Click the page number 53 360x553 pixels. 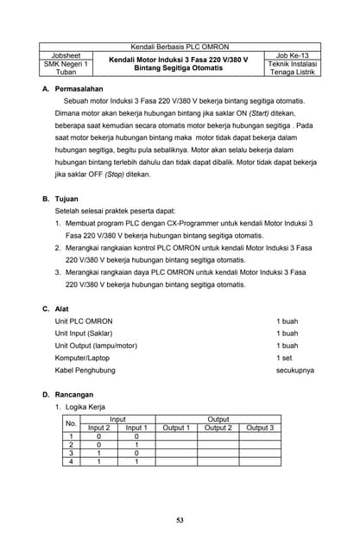click(180, 519)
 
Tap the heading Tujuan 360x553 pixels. click(66, 198)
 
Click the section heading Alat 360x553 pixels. click(61, 308)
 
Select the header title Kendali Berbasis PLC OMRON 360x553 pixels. click(180, 46)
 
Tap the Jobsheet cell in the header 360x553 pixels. click(66, 54)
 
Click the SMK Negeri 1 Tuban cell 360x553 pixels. click(66, 68)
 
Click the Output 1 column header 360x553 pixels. click(176, 428)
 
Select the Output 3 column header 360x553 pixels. click(260, 428)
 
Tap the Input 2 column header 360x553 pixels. click(99, 428)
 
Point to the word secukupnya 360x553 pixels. click(294, 370)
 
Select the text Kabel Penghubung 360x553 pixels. click(85, 370)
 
